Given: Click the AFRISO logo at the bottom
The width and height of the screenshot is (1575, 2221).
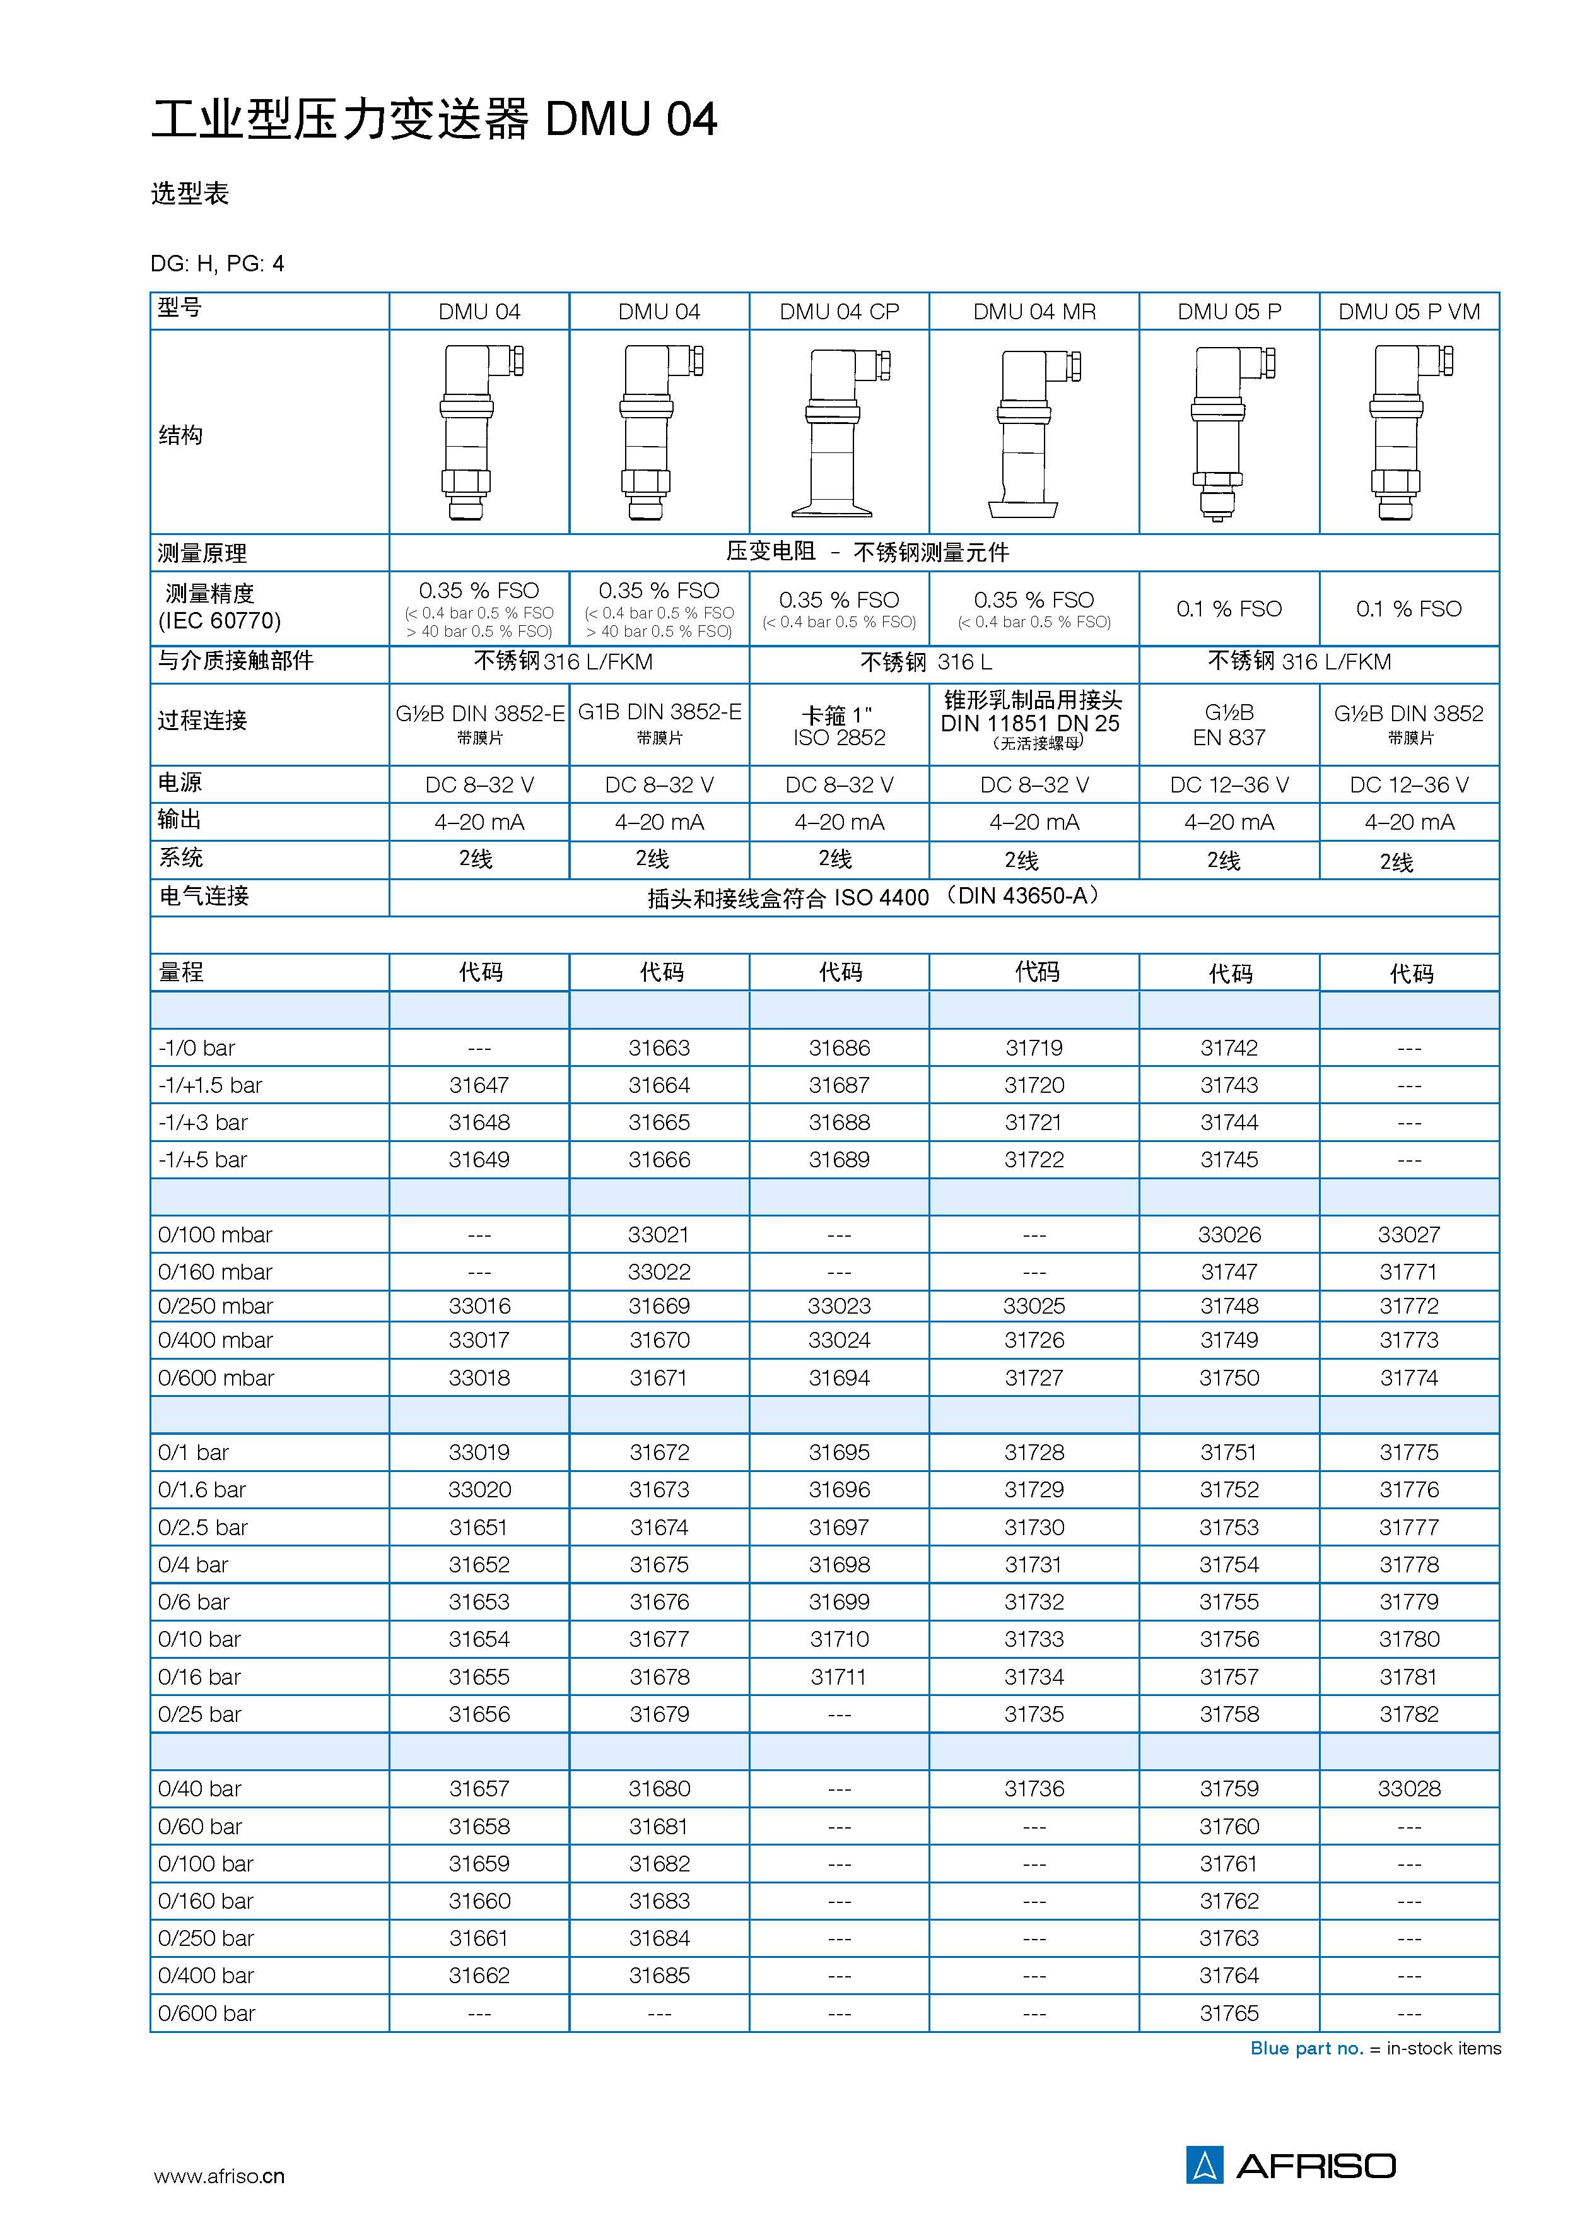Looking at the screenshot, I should [1290, 2165].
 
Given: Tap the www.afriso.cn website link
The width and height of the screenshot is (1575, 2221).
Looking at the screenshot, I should [219, 2176].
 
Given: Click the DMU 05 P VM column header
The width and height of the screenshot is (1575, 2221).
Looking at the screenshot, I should [1408, 311].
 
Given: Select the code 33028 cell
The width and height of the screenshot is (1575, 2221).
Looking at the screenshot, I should [1408, 1788].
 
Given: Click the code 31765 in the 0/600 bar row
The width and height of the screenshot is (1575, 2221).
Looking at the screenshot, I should [1229, 2013].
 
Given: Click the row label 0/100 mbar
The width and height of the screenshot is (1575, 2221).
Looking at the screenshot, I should [215, 1235].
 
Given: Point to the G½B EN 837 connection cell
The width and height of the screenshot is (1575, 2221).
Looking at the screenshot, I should [1229, 724].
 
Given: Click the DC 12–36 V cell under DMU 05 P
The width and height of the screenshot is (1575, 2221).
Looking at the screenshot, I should [1229, 785].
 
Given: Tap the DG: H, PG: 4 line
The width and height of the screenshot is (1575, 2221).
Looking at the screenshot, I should [217, 264].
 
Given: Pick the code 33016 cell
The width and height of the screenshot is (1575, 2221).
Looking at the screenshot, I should [479, 1305].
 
